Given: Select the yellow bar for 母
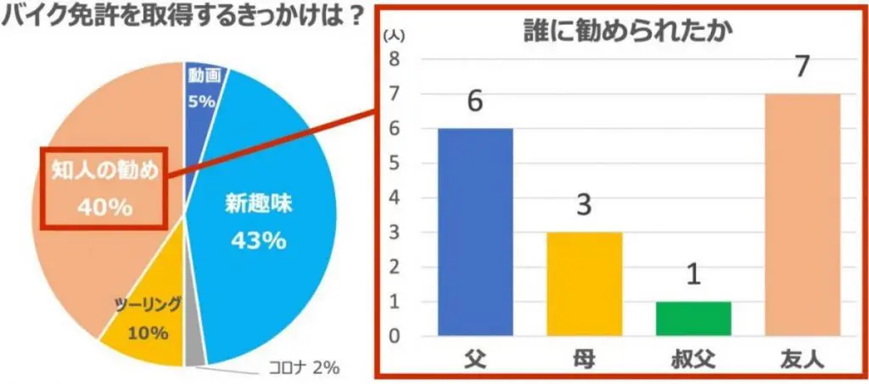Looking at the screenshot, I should (x=584, y=283).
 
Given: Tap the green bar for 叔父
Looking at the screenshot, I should (x=693, y=318).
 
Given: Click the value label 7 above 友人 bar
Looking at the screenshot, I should (x=802, y=68).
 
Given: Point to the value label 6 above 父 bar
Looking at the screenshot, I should (x=475, y=102).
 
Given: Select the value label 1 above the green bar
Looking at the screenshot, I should (x=693, y=276).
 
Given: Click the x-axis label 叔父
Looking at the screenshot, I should (x=693, y=359).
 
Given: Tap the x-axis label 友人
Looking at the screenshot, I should (x=802, y=359).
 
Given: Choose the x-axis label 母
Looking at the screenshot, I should (x=584, y=359).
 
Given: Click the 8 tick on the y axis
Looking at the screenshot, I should (x=394, y=59).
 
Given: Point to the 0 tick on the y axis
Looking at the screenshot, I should (x=394, y=337).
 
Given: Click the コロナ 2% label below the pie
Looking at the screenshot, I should (x=301, y=367).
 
